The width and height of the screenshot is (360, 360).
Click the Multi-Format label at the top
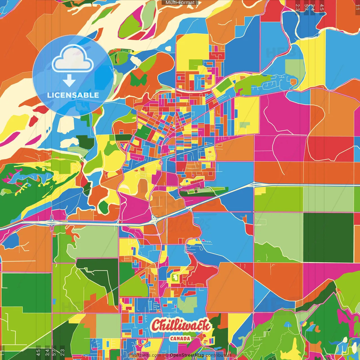click(180, 3)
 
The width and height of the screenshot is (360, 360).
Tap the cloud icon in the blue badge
click(73, 58)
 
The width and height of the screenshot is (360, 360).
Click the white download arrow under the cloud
click(69, 81)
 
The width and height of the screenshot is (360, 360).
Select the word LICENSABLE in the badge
click(73, 95)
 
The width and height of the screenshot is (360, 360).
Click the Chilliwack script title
click(181, 326)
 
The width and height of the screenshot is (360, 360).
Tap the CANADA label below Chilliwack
click(180, 339)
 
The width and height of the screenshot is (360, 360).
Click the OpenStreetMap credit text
click(187, 355)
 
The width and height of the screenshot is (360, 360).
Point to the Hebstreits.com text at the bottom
click(145, 355)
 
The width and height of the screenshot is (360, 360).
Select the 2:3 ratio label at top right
click(297, 7)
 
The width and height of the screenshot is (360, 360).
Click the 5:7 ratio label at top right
click(306, 7)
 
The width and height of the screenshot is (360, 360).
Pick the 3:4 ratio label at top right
click(313, 7)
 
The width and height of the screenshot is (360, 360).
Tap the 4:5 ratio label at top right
click(322, 7)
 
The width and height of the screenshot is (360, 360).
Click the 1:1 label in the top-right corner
click(357, 7)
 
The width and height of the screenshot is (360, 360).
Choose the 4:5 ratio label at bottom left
click(38, 352)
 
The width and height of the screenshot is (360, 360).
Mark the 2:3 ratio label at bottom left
click(62, 352)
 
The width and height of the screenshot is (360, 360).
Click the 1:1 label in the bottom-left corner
click(3, 352)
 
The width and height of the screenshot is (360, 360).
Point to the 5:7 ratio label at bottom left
click(54, 352)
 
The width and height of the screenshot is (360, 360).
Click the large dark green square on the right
click(328, 238)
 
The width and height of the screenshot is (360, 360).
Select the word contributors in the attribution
click(218, 355)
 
